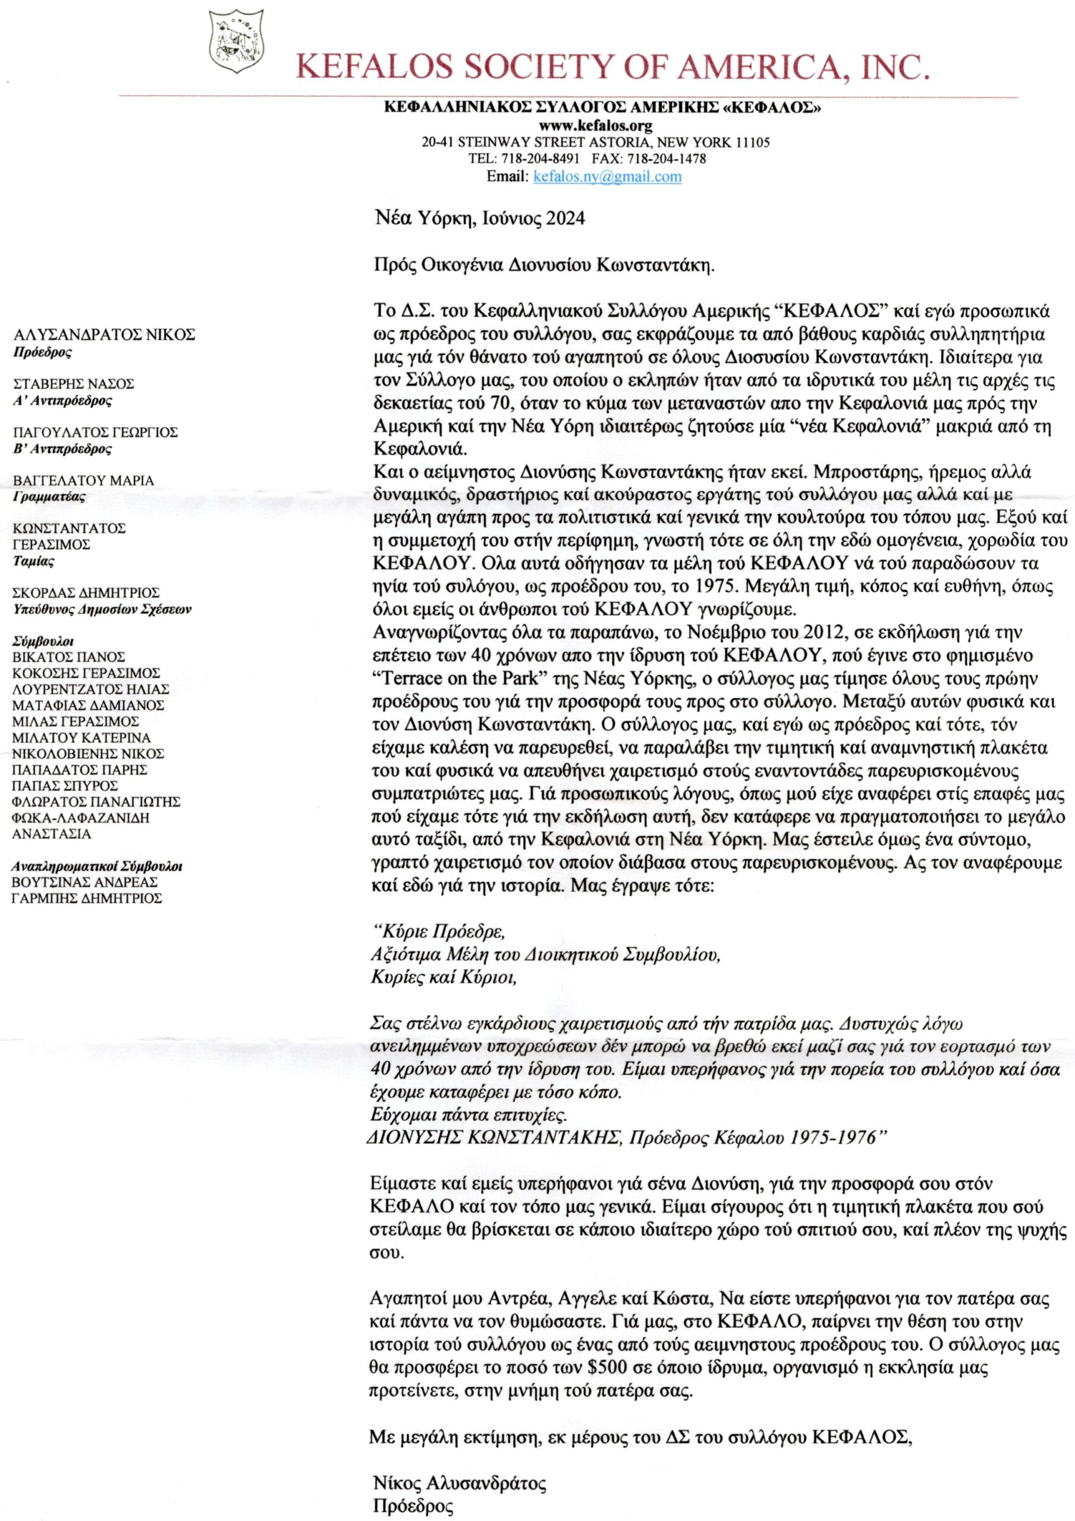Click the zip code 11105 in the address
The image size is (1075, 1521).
[752, 142]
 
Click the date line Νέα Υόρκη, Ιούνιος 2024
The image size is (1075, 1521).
[479, 218]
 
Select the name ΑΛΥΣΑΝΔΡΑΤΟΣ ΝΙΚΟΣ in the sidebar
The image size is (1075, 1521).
[104, 335]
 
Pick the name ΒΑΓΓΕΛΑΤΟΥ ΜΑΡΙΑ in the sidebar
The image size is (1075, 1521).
[83, 480]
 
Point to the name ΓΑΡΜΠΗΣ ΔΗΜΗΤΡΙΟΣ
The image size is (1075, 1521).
[87, 898]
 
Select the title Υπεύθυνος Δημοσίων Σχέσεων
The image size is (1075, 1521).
[102, 610]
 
